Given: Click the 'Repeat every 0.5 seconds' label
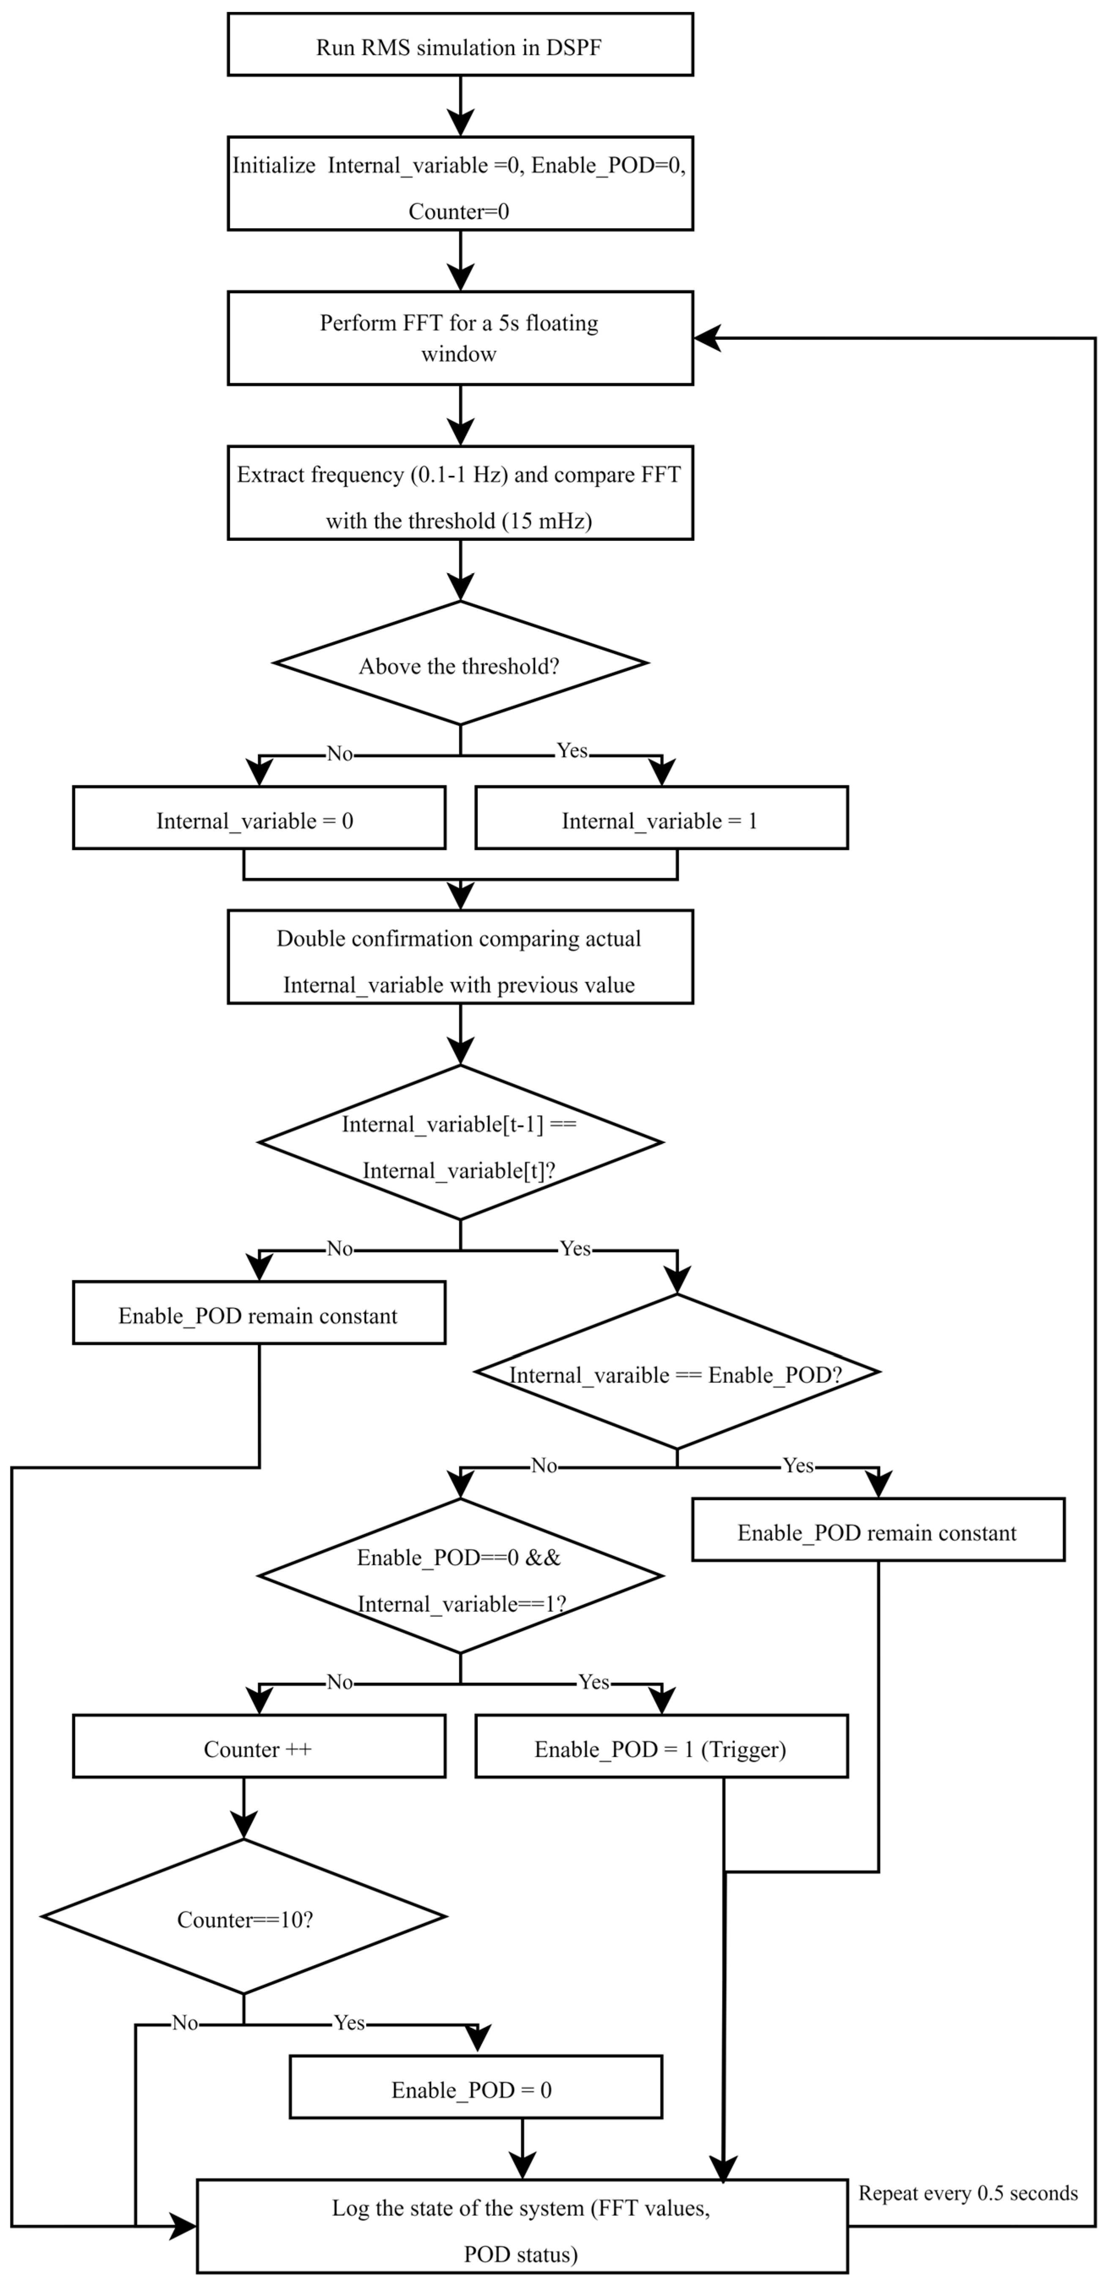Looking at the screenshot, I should (x=968, y=2193).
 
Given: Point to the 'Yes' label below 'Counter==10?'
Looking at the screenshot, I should (x=349, y=2022).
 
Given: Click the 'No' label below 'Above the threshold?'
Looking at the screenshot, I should (x=339, y=753).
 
